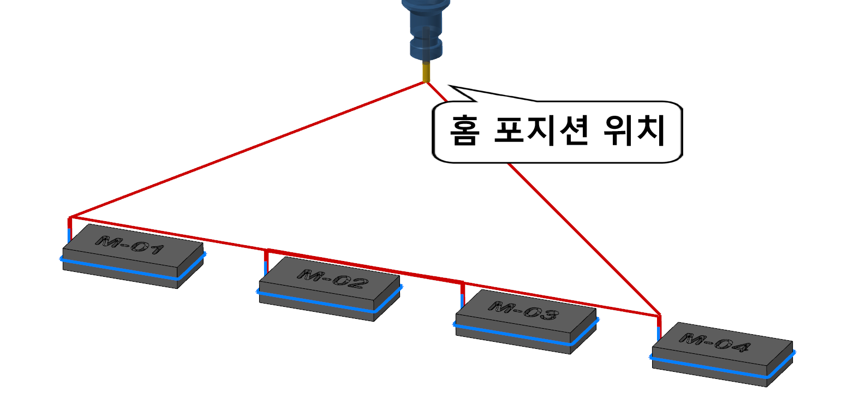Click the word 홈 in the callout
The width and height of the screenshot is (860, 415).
465,131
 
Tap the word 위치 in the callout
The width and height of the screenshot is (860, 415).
634,131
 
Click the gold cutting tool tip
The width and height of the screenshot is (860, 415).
426,73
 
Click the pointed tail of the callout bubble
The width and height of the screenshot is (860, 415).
456,89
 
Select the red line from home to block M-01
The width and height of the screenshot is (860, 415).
246,150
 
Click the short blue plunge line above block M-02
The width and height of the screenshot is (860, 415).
266,268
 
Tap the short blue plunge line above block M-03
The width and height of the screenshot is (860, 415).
462,301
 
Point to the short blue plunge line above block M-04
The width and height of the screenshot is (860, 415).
659,333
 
